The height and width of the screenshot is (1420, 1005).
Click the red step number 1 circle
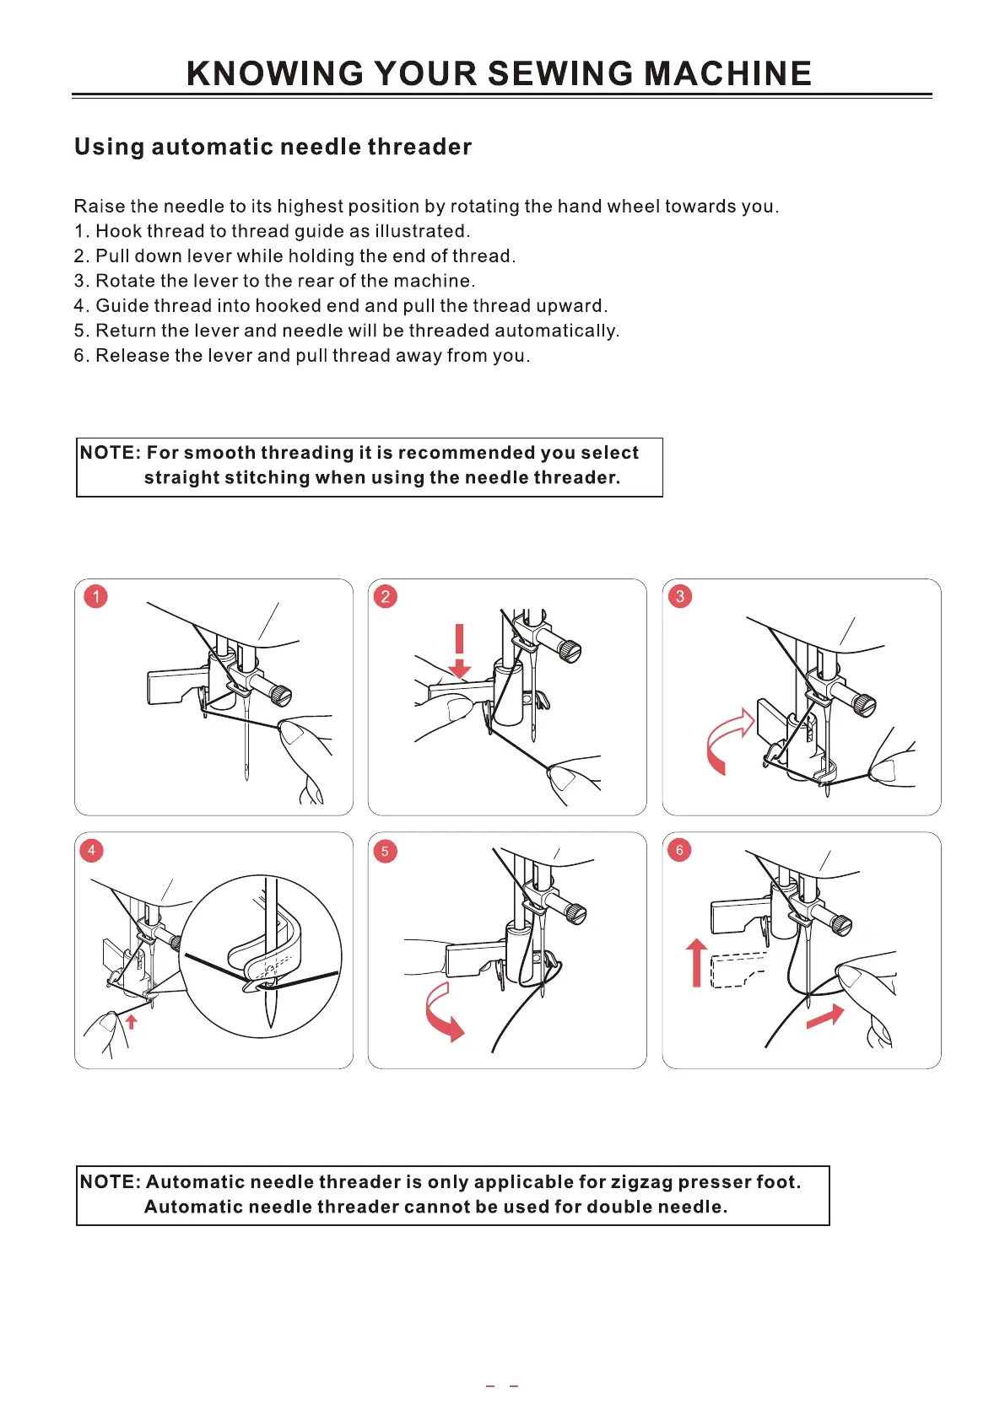click(x=96, y=597)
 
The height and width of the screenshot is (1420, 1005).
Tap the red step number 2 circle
click(x=386, y=597)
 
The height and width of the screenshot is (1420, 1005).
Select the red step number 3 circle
click(x=680, y=597)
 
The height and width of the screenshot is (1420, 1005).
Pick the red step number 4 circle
click(x=91, y=850)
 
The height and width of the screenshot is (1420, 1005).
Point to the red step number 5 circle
click(x=385, y=851)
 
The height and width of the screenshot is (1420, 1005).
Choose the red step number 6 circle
click(x=679, y=850)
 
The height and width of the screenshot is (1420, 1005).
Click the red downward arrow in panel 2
click(x=460, y=651)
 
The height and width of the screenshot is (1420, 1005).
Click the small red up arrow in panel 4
click(x=131, y=1022)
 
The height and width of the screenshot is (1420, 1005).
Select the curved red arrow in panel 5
click(x=444, y=1013)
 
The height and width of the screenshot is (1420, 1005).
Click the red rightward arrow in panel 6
click(x=825, y=1016)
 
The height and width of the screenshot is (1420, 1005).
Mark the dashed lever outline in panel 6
click(x=738, y=970)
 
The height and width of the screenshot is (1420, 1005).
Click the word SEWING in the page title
click(x=560, y=74)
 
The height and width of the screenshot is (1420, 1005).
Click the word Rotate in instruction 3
click(x=125, y=281)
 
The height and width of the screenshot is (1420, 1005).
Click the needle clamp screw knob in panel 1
click(x=280, y=694)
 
